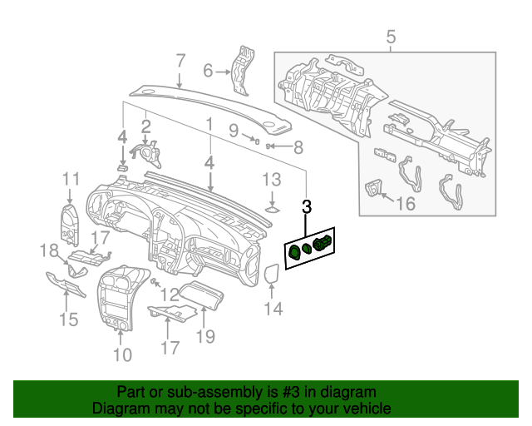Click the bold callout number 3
tap(307, 206)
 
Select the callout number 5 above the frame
tap(391, 37)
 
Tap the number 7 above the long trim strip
tap(180, 60)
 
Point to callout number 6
tap(209, 72)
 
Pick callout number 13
tap(272, 179)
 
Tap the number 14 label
tap(273, 310)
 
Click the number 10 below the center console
tap(122, 355)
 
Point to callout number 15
tap(68, 319)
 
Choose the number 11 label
tap(70, 178)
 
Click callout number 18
tap(50, 250)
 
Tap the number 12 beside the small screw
tap(170, 294)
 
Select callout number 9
tap(234, 130)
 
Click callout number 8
tap(298, 148)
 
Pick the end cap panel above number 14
tap(272, 275)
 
